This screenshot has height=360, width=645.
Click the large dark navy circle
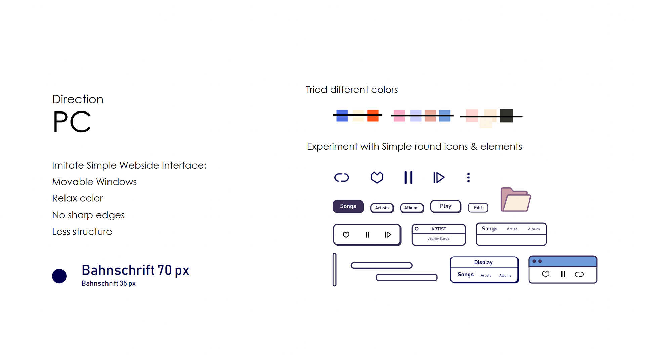click(x=59, y=276)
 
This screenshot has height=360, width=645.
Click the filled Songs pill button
click(x=348, y=206)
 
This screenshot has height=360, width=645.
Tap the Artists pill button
click(x=382, y=208)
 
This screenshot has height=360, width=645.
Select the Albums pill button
click(x=412, y=208)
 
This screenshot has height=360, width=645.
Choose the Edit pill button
click(x=478, y=208)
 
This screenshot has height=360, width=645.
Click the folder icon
click(x=516, y=199)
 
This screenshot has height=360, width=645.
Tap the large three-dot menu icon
click(x=468, y=177)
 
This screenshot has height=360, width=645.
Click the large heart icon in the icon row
click(x=377, y=177)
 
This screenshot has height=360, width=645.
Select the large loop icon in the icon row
click(x=342, y=177)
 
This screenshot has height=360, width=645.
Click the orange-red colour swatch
click(x=373, y=116)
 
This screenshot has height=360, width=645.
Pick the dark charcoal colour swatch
click(x=506, y=116)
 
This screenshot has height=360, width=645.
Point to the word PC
click(x=72, y=122)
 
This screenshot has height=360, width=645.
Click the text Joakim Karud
click(x=439, y=239)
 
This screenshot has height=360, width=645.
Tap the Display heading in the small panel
click(x=483, y=262)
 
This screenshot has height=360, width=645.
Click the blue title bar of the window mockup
click(x=563, y=261)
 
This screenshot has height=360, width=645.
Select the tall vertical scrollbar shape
click(x=335, y=270)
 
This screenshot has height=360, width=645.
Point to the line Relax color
click(x=78, y=198)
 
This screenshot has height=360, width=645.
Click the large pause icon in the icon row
click(x=408, y=177)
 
